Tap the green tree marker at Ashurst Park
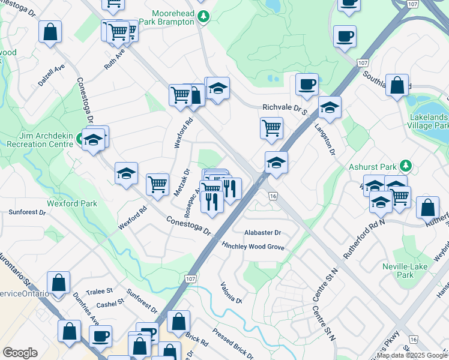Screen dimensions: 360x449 point(406,165)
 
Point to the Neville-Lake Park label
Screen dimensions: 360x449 point(398,271)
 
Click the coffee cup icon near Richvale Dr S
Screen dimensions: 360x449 point(307,84)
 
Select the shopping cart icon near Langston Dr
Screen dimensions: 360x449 point(271,127)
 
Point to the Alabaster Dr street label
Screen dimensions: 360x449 point(262,233)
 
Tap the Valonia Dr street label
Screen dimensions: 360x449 point(231,292)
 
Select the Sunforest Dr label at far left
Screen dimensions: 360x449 point(27,212)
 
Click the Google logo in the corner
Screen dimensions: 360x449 point(20,353)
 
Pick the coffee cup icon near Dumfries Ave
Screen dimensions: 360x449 point(101,336)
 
